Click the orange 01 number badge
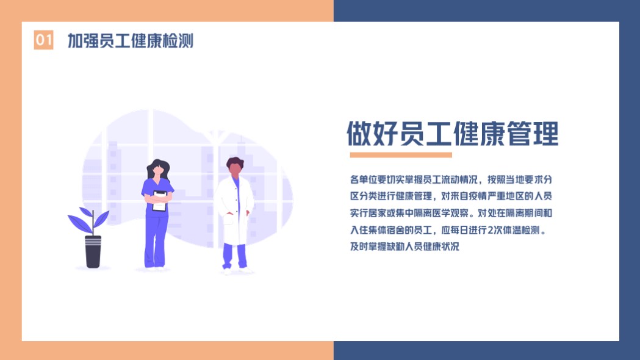pos(43,40)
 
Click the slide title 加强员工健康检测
pos(130,41)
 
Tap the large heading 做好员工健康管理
pos(452,134)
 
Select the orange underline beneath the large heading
pos(401,155)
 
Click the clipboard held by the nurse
pos(159,201)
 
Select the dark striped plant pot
pos(93,251)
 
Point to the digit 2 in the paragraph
pos(490,230)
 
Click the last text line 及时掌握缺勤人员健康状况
pos(404,247)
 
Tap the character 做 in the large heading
pos(360,134)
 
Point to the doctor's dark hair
pos(235,162)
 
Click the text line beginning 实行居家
pos(451,214)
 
